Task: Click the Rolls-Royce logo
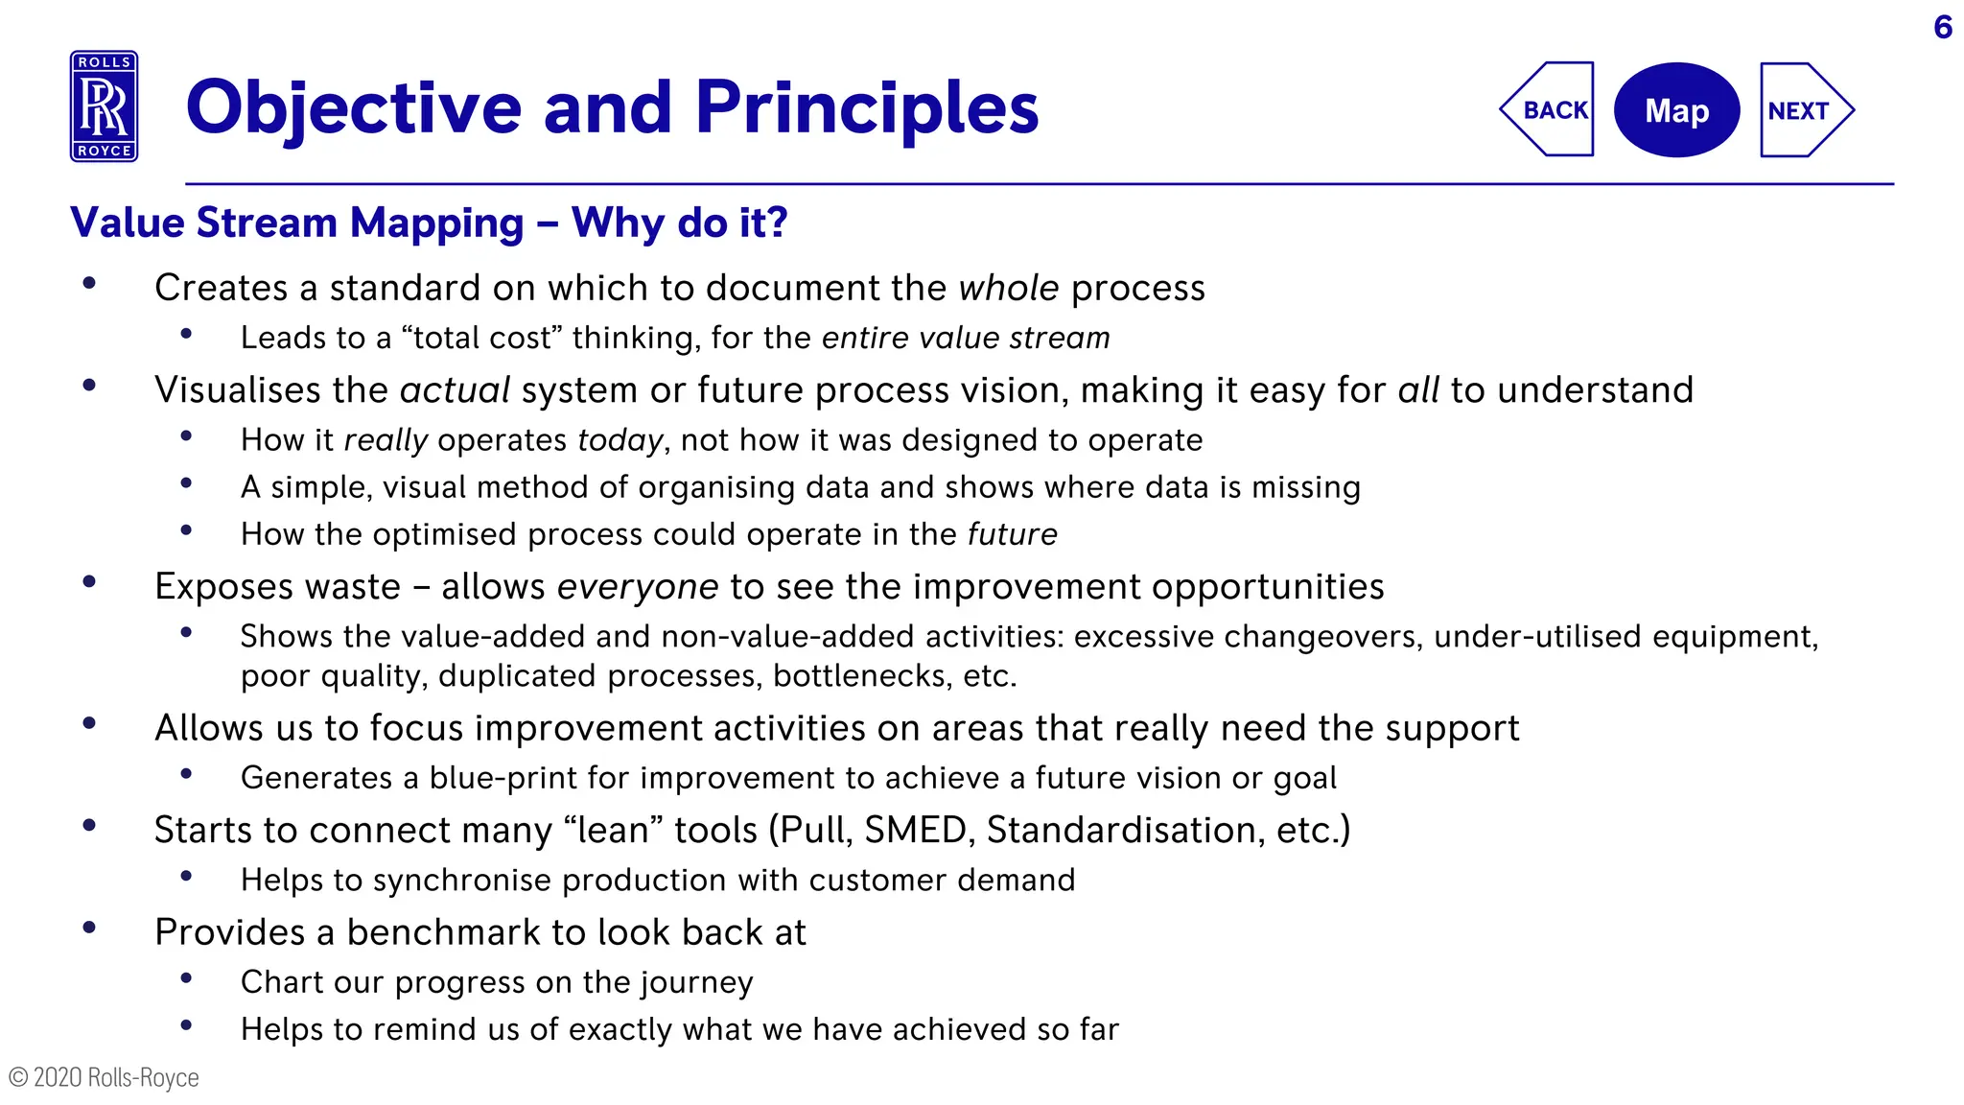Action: pos(104,106)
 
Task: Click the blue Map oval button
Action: pos(1676,110)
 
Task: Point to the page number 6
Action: pos(1943,27)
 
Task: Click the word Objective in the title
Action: pos(353,108)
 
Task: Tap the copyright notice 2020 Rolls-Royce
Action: pos(104,1077)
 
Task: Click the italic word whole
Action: pos(1009,288)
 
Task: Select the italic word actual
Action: pos(455,390)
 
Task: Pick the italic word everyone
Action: pos(637,587)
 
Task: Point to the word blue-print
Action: pos(503,778)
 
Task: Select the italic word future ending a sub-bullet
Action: pos(1012,534)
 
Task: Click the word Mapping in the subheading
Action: pos(436,223)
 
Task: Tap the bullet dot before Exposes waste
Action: pos(89,581)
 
